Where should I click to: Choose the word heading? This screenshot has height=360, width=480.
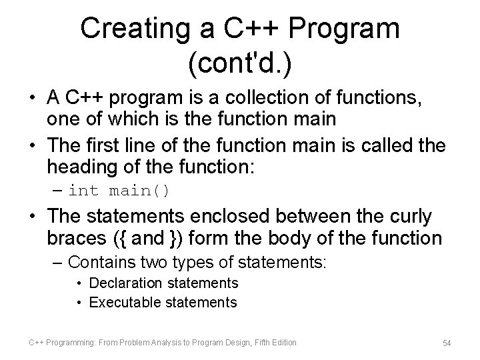tap(79, 166)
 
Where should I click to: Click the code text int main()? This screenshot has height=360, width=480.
tap(119, 191)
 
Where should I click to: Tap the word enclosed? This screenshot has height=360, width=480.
tap(238, 217)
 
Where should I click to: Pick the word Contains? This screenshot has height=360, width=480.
tap(100, 261)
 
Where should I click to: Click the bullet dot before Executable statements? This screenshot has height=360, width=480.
tap(79, 302)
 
